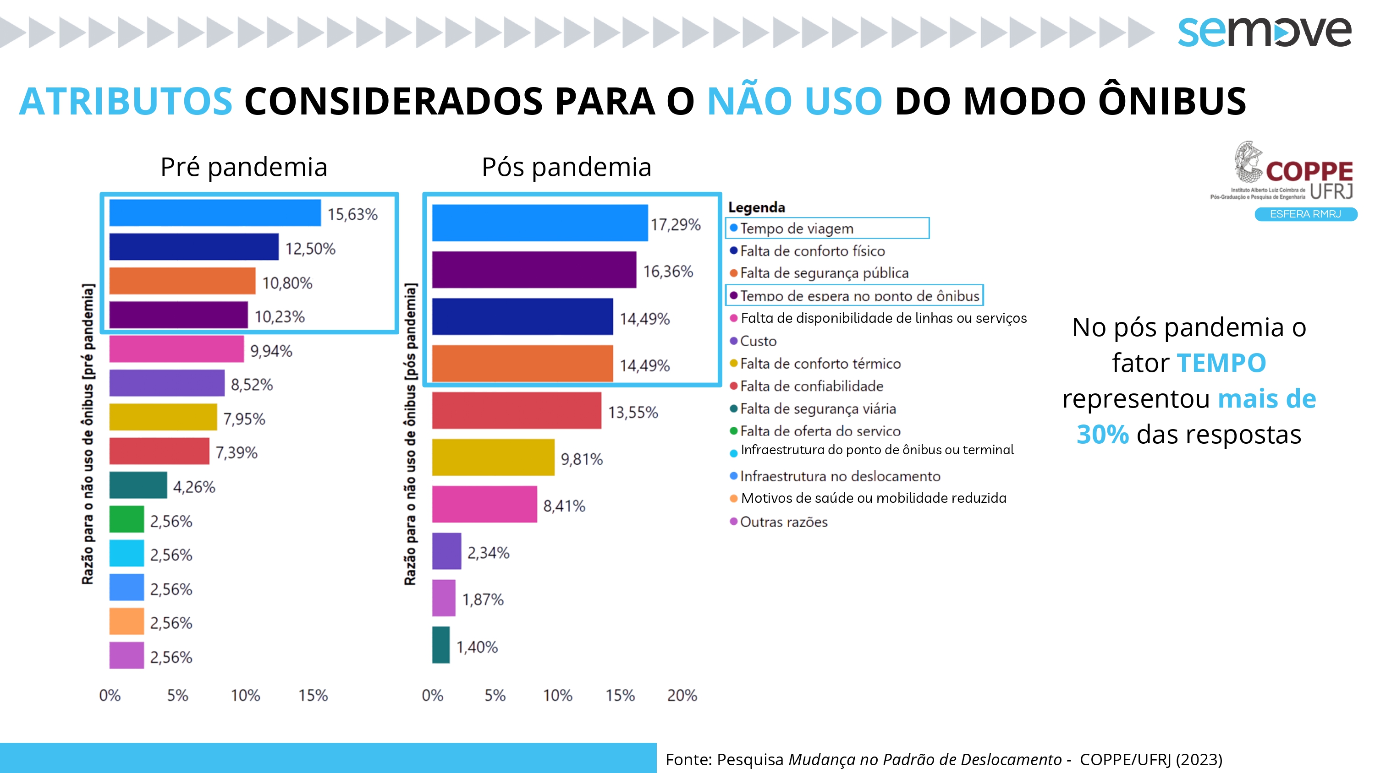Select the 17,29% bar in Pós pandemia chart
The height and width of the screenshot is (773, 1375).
click(x=539, y=223)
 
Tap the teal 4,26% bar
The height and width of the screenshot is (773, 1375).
click(x=137, y=485)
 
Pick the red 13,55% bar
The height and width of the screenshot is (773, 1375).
click(x=516, y=410)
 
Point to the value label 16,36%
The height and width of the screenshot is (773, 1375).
click(x=668, y=272)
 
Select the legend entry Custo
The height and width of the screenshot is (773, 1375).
click(x=758, y=341)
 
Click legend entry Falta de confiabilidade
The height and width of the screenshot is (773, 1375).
click(x=811, y=386)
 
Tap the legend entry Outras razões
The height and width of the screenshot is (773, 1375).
click(x=784, y=522)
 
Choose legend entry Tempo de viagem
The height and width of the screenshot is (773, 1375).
click(x=797, y=229)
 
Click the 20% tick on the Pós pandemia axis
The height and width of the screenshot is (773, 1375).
click(x=682, y=695)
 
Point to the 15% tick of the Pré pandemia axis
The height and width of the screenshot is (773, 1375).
click(x=313, y=695)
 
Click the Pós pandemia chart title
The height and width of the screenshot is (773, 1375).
click(x=566, y=167)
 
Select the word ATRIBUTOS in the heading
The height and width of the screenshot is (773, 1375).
click(x=126, y=101)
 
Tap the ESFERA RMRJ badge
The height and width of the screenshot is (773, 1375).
click(x=1305, y=214)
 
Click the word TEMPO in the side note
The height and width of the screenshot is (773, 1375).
click(x=1221, y=363)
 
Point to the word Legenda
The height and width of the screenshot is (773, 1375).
click(x=756, y=207)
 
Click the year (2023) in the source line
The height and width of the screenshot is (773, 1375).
click(x=1199, y=759)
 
